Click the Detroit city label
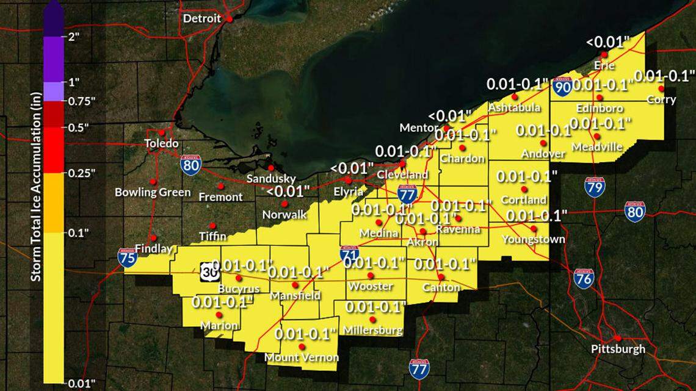pos(202,18)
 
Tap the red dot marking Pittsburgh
pos(618,338)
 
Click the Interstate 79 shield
pos(594,187)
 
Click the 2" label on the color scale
pos(74,36)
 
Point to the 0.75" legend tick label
pos(81,101)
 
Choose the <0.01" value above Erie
pos(608,42)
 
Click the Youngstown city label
pos(533,240)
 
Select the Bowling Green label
pos(153,192)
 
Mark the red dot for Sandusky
pos(271,168)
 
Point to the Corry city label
pos(661,99)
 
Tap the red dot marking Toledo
pos(162,132)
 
